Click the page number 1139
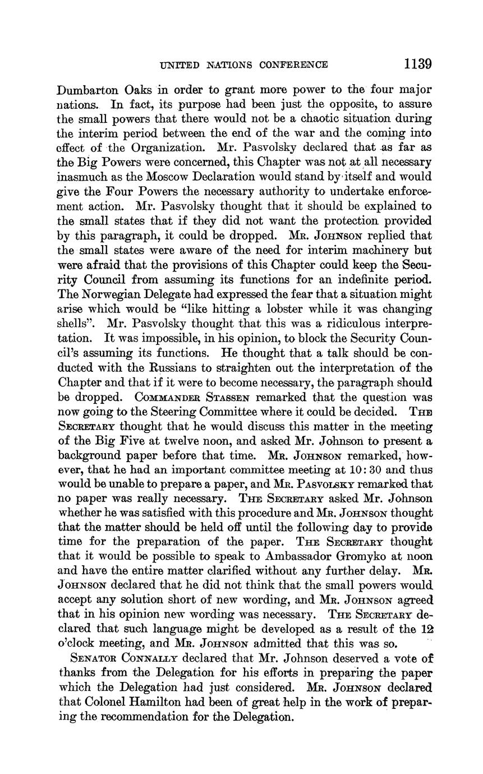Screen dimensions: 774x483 point(417,63)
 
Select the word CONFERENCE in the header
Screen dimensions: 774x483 point(294,64)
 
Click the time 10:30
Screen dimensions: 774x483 point(355,469)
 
